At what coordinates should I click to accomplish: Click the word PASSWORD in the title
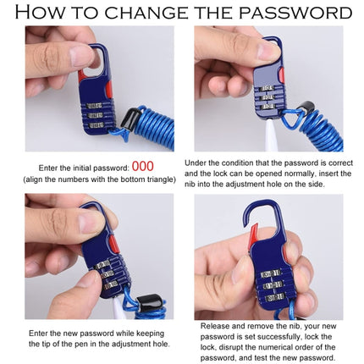click(296, 13)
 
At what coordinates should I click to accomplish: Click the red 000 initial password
click(143, 166)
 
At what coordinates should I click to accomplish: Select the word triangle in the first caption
click(161, 179)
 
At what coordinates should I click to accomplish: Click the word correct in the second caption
click(340, 163)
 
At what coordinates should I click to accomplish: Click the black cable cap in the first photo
click(131, 119)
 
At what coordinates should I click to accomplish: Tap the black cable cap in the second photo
click(306, 108)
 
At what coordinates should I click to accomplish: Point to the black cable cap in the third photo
click(149, 302)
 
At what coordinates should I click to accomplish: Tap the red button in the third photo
click(113, 245)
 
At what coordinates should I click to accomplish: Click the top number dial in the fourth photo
click(272, 273)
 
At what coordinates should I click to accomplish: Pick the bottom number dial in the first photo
click(95, 125)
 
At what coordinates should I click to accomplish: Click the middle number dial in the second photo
click(267, 97)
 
